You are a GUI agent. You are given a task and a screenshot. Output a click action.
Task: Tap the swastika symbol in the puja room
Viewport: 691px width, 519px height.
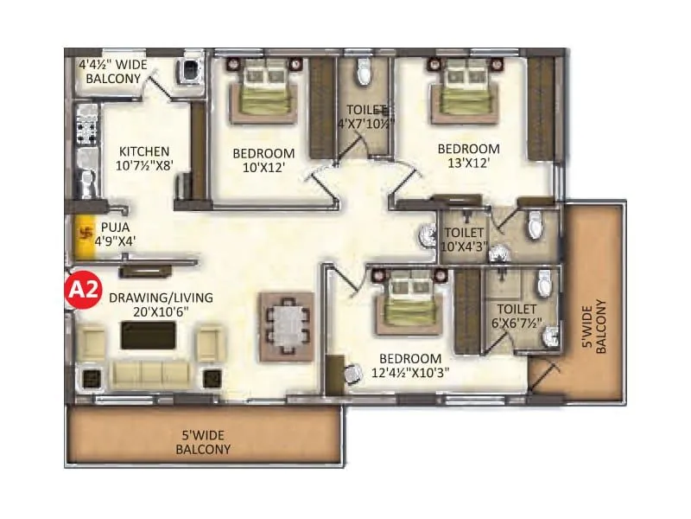(86, 232)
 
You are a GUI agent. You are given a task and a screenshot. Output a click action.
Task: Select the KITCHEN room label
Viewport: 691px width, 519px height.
(144, 151)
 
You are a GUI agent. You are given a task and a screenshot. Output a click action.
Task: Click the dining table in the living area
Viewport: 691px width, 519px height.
(288, 325)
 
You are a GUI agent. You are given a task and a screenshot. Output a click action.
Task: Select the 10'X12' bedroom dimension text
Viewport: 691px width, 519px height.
(263, 167)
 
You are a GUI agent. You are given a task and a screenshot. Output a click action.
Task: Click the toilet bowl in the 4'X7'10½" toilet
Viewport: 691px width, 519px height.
(364, 74)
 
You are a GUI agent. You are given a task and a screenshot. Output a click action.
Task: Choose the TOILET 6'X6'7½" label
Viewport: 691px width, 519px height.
(517, 316)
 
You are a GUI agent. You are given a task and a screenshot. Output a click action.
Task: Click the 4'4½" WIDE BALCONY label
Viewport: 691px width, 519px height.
(113, 71)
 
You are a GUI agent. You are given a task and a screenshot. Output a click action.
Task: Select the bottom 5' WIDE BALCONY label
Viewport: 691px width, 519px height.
(203, 442)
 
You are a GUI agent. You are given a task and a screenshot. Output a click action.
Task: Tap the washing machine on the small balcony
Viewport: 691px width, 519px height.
(187, 71)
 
